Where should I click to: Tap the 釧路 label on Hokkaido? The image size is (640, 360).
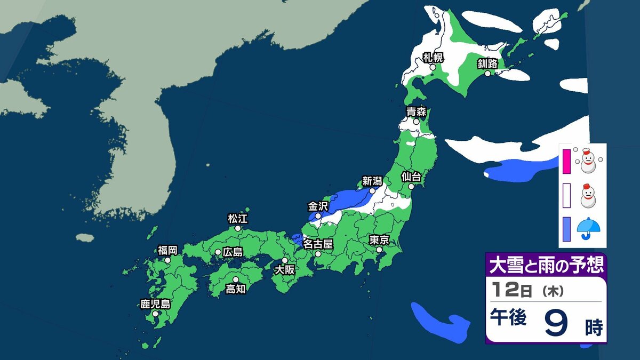coord(487,63)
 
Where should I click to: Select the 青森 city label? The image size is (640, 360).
coord(415,112)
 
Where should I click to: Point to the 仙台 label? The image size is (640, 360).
coord(411,176)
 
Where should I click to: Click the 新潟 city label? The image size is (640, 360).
coord(372,181)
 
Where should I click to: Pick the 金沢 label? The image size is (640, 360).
coord(318,205)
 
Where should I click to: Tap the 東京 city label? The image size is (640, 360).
coord(379,239)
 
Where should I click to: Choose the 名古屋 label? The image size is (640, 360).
coord(318,244)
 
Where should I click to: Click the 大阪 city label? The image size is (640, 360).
coord(284,270)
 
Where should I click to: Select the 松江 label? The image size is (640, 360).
coord(238,218)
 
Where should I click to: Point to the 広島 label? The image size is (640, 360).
coord(233,252)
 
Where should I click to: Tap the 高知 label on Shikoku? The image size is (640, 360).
coord(235,289)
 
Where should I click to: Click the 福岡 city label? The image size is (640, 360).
coord(167,250)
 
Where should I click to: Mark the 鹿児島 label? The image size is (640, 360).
coord(155,305)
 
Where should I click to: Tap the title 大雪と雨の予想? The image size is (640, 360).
coord(546,265)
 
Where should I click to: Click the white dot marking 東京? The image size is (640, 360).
coord(379,250)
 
